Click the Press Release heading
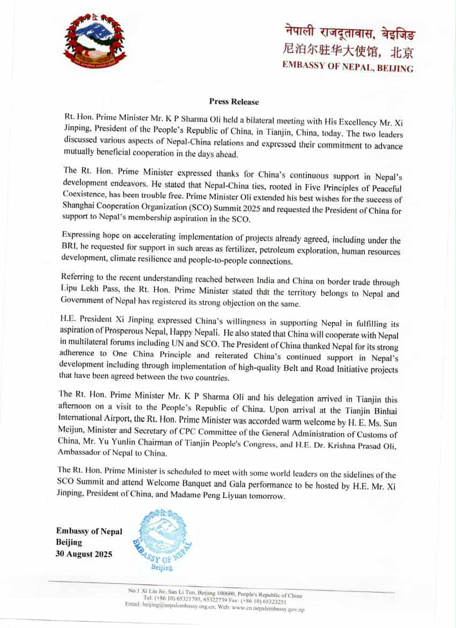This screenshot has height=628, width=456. click(234, 101)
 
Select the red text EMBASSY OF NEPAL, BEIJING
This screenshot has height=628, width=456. click(348, 68)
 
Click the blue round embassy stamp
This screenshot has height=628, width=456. click(161, 539)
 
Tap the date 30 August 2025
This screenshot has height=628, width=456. click(84, 554)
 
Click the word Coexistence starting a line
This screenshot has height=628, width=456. click(84, 200)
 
